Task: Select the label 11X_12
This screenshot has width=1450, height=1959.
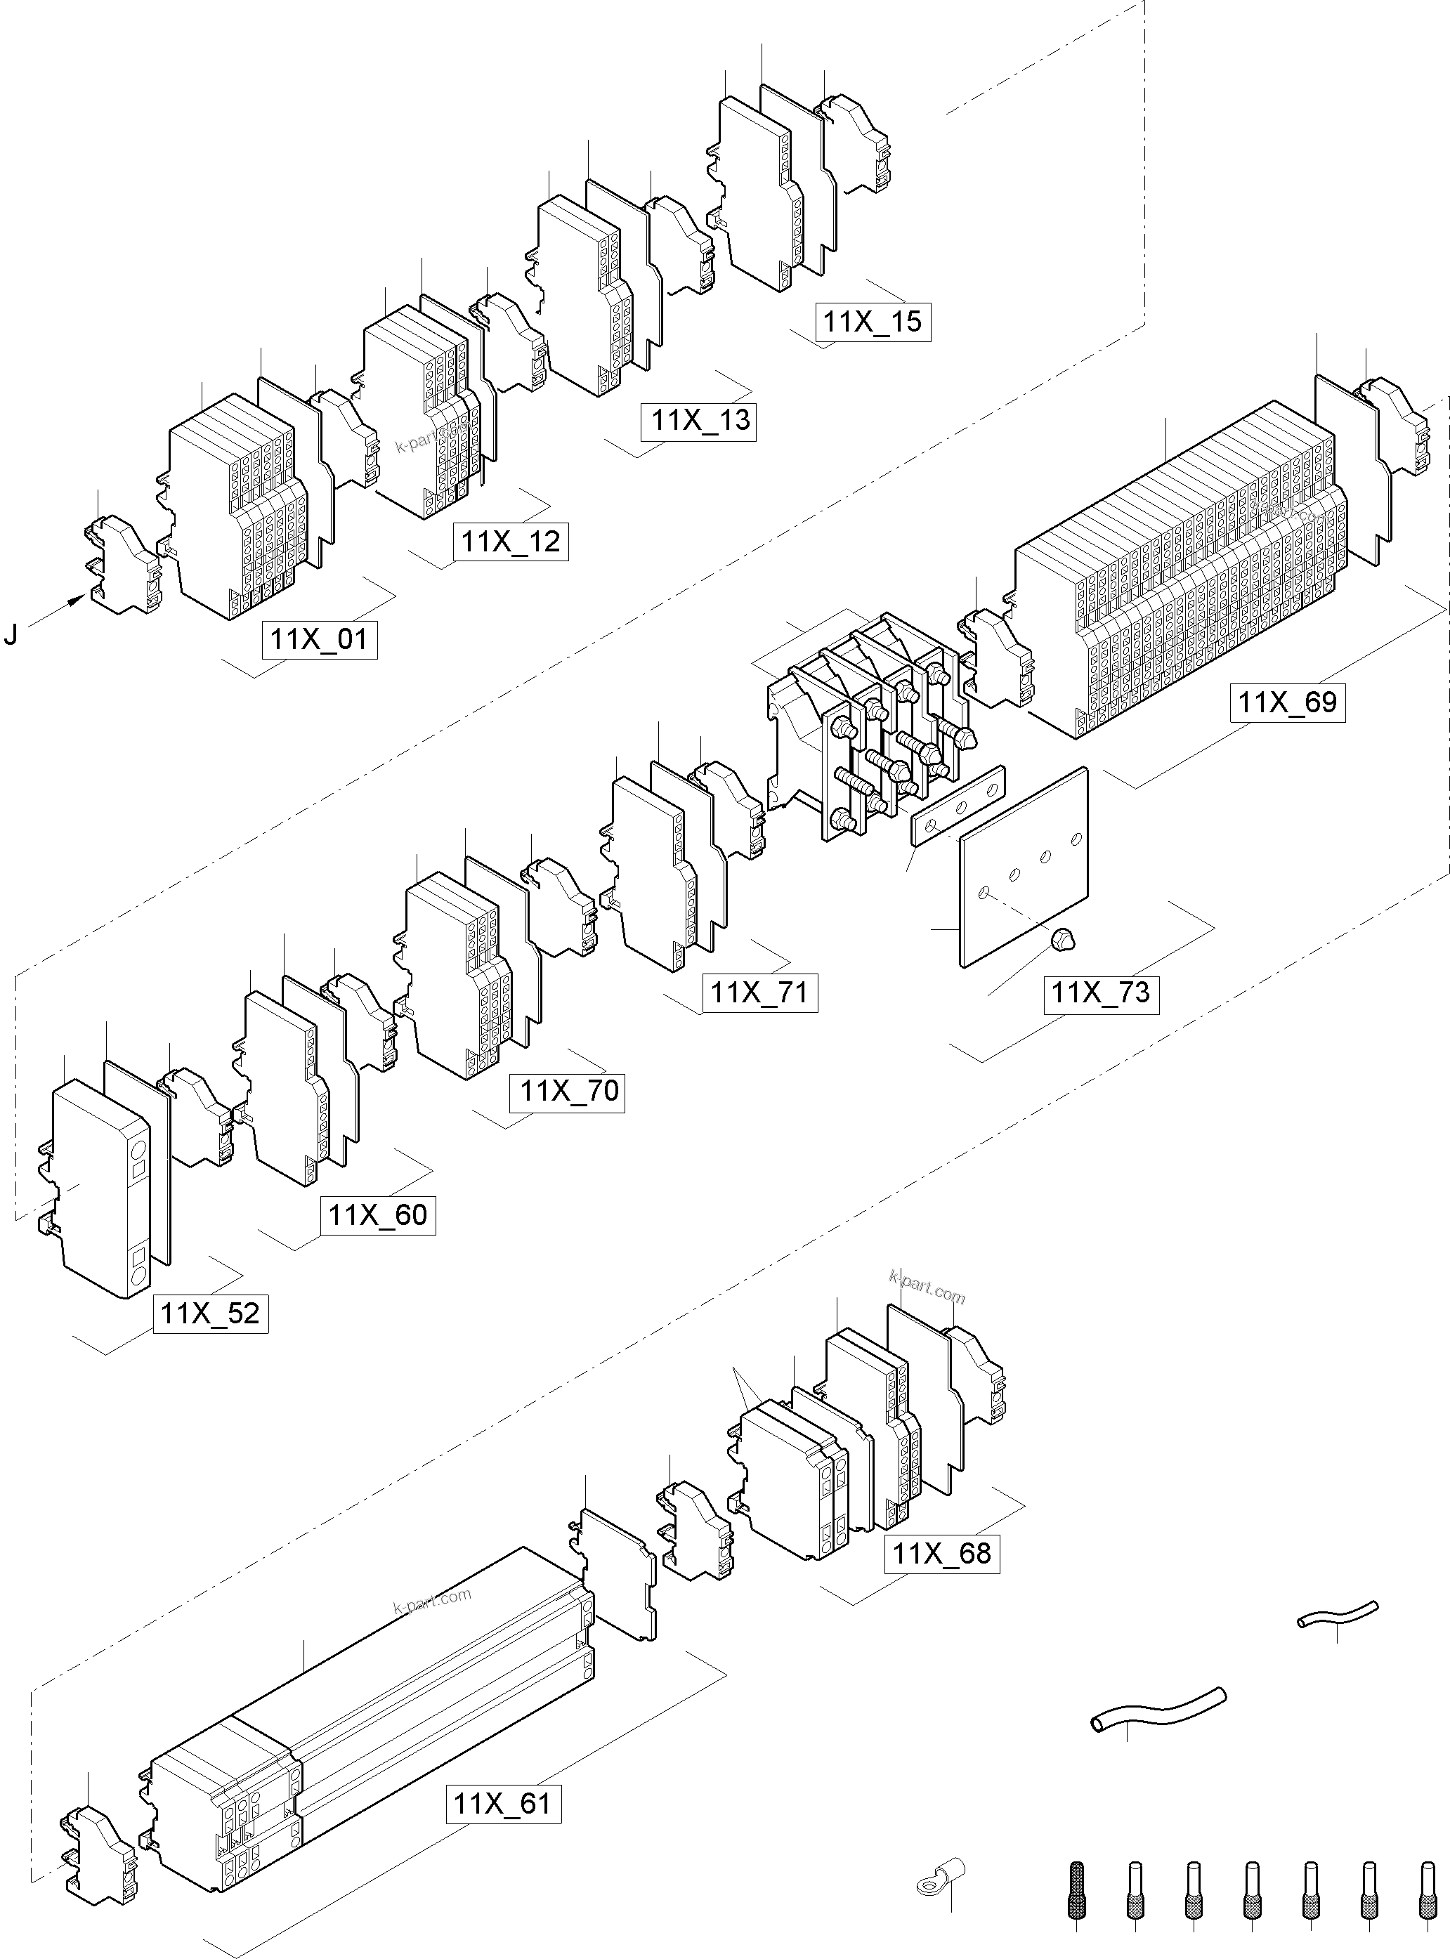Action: point(511,541)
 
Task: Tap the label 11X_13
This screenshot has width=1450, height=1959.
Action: point(700,421)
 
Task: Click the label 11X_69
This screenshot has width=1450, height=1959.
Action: point(1288,702)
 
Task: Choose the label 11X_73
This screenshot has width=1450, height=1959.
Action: point(1101,992)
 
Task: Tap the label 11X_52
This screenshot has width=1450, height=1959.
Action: point(211,1314)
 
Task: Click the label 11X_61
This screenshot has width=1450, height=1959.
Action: point(503,1804)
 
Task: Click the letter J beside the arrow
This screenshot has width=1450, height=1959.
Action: point(11,634)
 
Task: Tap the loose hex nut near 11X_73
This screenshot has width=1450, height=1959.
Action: point(1062,940)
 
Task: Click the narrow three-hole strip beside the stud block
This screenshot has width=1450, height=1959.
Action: point(958,804)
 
